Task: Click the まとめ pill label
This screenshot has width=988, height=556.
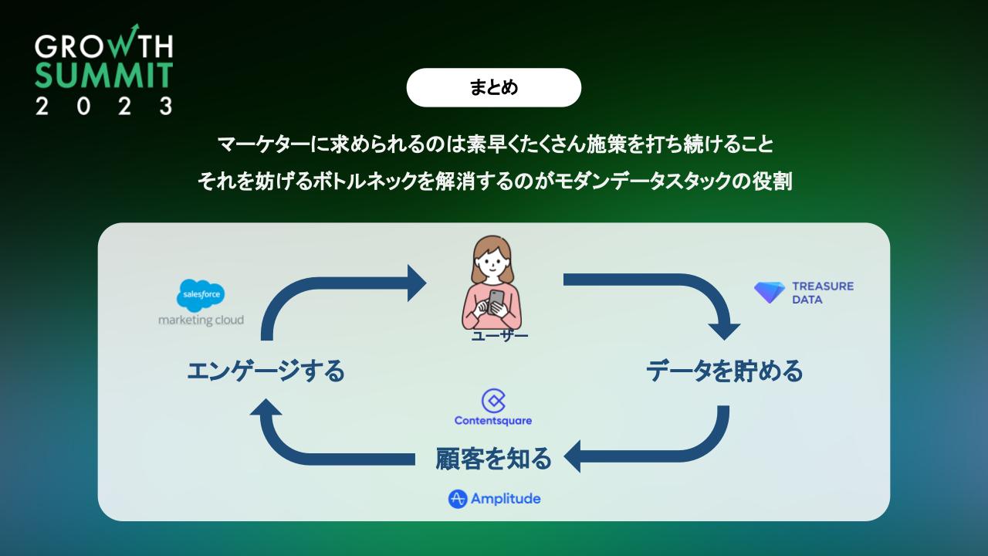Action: click(x=493, y=87)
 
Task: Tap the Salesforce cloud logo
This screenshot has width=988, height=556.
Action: click(x=201, y=295)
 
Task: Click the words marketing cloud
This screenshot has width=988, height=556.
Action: click(x=201, y=320)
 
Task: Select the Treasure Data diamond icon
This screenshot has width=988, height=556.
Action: click(x=770, y=293)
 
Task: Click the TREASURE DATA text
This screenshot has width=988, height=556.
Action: click(x=823, y=293)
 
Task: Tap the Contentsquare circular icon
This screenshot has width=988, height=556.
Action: click(x=492, y=400)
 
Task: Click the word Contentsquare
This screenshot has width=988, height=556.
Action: click(x=493, y=421)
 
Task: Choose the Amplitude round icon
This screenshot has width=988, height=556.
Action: click(x=458, y=499)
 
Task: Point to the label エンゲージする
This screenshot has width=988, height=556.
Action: click(x=266, y=371)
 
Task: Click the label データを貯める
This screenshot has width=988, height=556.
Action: click(x=724, y=371)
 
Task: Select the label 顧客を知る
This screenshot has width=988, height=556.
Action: click(x=494, y=459)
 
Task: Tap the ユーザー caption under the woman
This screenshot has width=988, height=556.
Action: click(x=499, y=337)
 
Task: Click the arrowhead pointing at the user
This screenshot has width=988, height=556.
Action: click(x=416, y=283)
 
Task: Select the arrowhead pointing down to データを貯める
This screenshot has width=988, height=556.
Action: click(x=724, y=331)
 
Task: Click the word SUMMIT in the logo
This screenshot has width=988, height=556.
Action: click(x=103, y=75)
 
